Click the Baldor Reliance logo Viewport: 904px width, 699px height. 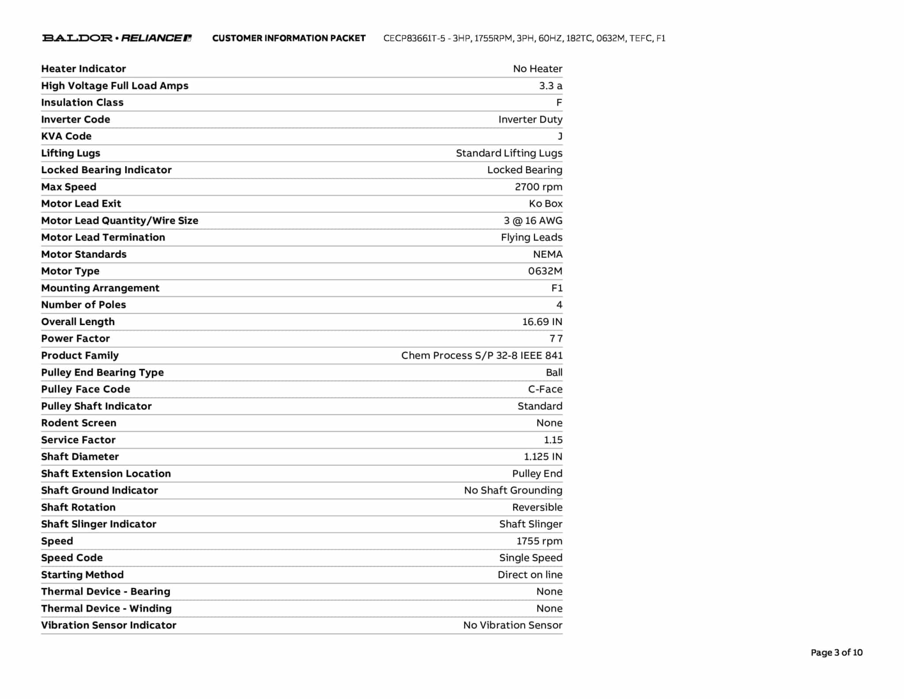tap(117, 38)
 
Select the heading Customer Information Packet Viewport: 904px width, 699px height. tap(289, 38)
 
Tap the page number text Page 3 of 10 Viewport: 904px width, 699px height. tap(836, 652)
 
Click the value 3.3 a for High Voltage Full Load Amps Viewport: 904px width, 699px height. tap(550, 86)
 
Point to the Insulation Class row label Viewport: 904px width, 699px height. tap(82, 103)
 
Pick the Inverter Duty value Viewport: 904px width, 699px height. tap(530, 119)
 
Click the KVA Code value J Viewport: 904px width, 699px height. tap(560, 136)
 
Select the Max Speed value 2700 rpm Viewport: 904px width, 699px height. tap(538, 187)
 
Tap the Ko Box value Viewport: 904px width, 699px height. tap(546, 204)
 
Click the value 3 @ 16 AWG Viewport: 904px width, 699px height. tap(533, 220)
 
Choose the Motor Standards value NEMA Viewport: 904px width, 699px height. tap(547, 254)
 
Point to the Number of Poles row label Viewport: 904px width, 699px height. tap(83, 305)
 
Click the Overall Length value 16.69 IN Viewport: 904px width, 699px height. tap(542, 322)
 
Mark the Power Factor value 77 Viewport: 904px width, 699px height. tap(556, 338)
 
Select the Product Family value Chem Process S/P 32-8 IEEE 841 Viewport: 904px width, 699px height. tap(482, 355)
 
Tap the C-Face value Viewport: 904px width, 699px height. tap(545, 389)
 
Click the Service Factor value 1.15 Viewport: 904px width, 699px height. tap(553, 440)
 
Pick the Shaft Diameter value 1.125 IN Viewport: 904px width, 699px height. tap(543, 456)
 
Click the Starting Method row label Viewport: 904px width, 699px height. tap(82, 574)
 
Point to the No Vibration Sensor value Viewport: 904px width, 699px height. tap(512, 625)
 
